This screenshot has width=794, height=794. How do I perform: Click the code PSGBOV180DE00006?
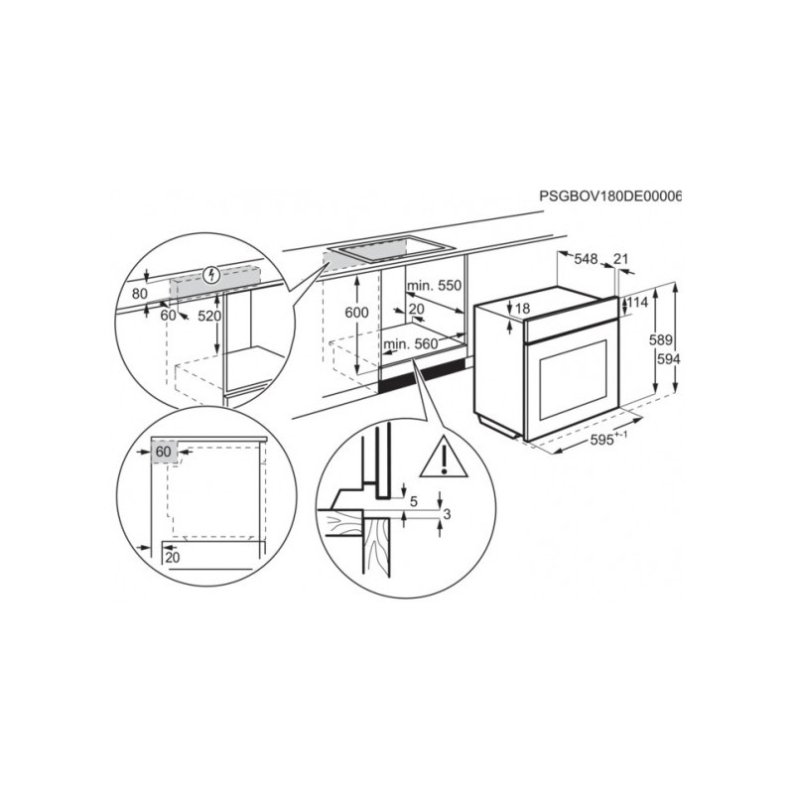610,196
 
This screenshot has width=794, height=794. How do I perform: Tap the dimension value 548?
586,259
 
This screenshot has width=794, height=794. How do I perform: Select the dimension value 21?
621,259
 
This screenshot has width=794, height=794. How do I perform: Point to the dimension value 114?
638,303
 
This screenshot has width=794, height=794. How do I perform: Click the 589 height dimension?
661,339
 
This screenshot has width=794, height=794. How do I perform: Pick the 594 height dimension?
668,359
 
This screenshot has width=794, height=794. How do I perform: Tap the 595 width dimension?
601,440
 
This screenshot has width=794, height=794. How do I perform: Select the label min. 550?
434,286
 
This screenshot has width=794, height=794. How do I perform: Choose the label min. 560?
411,344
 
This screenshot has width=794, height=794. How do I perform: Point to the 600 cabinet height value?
356,313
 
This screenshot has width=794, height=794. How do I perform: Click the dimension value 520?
209,316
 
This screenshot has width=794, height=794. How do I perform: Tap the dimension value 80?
139,293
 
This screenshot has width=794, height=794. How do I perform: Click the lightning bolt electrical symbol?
211,276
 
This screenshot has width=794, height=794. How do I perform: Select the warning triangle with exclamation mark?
444,457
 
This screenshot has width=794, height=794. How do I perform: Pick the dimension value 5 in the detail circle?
414,502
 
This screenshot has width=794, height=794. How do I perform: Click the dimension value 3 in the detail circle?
447,514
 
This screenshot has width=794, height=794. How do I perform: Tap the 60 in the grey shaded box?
163,451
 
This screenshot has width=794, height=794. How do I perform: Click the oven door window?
574,380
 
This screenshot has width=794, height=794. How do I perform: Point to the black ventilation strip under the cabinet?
422,376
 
